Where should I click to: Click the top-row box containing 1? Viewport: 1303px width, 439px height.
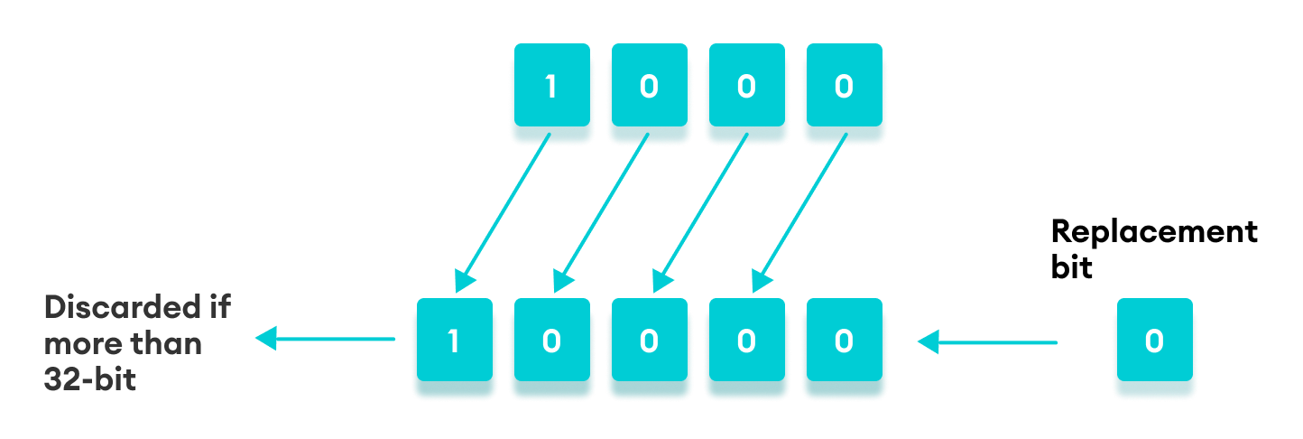(x=550, y=88)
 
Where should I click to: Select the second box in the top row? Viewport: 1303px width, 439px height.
(x=648, y=88)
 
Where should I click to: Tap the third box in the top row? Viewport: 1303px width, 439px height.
(x=745, y=88)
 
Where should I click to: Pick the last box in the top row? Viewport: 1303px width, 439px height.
(x=843, y=88)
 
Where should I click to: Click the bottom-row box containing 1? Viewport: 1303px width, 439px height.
(x=454, y=341)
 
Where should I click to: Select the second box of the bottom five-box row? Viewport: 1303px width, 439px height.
(x=551, y=341)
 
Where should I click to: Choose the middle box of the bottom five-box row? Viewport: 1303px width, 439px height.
(x=649, y=341)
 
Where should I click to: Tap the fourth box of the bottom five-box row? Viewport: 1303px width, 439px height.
(x=745, y=341)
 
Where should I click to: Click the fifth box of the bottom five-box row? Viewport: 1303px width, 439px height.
(x=843, y=341)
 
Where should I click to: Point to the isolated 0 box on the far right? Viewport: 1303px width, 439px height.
(x=1154, y=341)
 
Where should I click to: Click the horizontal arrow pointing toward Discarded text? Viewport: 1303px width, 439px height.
(x=325, y=340)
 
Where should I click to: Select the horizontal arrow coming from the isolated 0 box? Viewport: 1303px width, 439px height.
(x=987, y=342)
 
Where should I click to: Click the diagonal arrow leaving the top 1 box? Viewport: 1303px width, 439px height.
(x=504, y=212)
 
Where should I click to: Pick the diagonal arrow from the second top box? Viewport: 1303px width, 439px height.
(x=601, y=212)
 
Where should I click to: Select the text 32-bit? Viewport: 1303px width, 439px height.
(x=90, y=380)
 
